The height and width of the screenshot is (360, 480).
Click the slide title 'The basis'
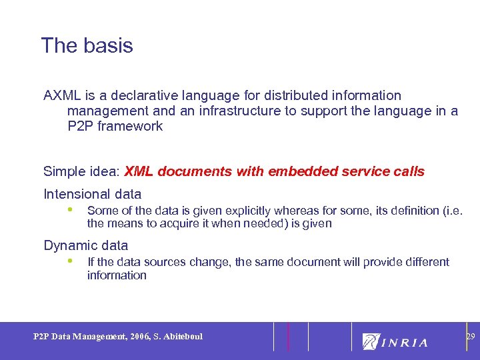(87, 46)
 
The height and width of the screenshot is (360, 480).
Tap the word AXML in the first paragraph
(61, 96)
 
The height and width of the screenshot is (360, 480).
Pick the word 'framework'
(130, 127)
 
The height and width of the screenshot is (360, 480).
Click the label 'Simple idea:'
(81, 172)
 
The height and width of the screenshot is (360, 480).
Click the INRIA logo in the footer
(395, 341)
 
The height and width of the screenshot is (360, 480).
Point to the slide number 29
(470, 337)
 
